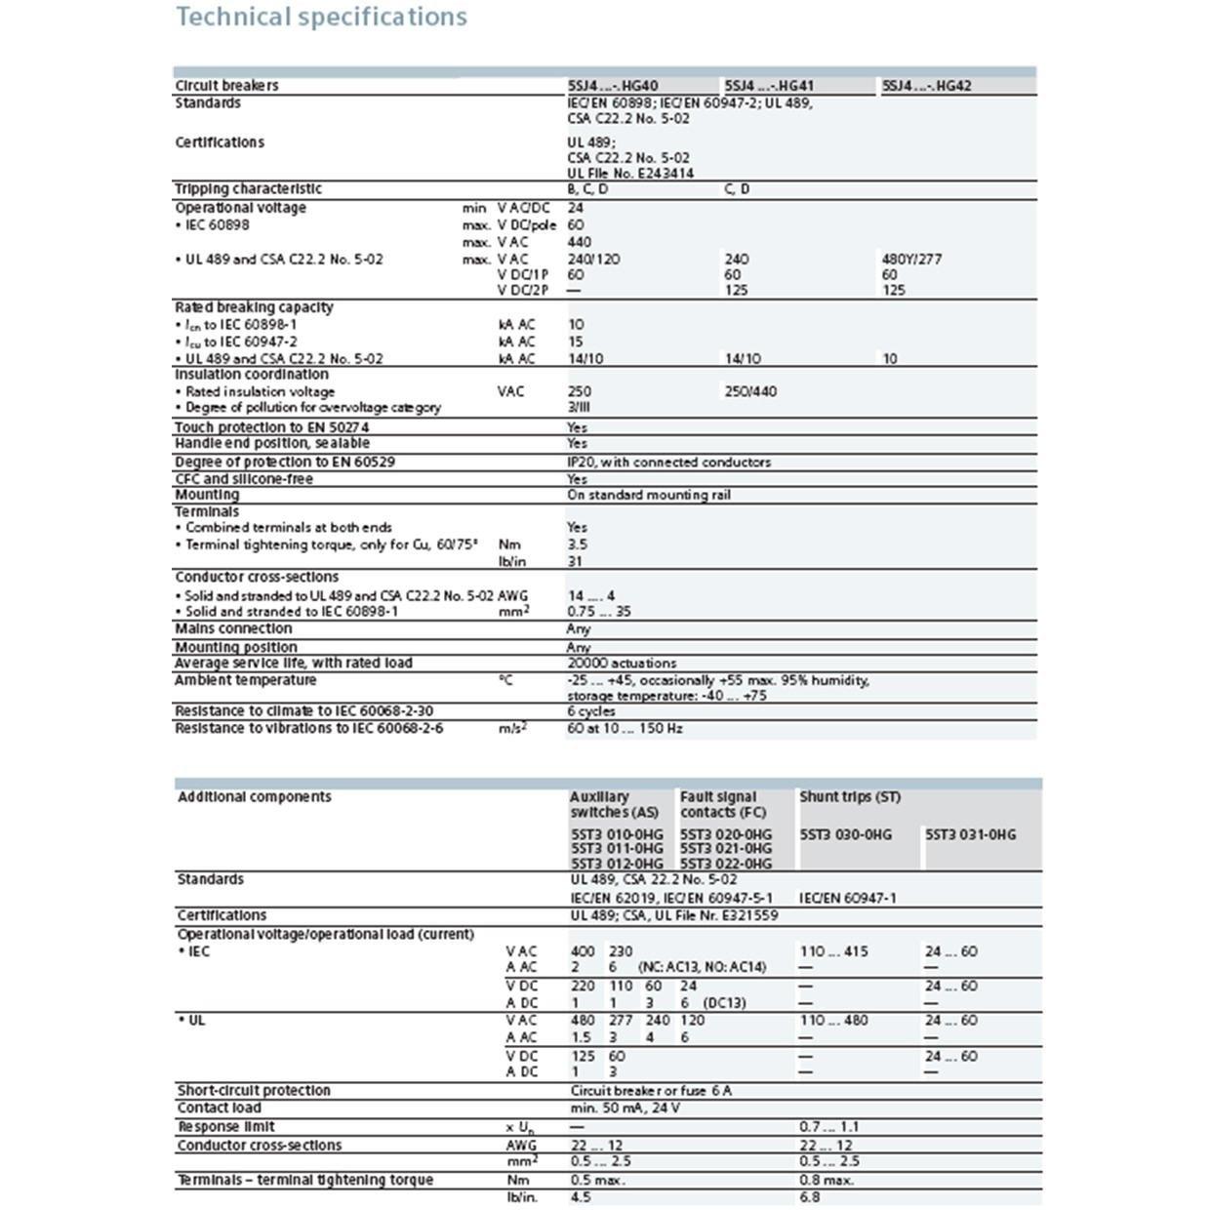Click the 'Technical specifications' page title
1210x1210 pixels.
point(321,17)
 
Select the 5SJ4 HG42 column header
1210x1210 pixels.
point(926,86)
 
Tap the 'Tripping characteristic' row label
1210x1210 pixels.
point(248,189)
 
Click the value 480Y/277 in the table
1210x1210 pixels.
point(911,260)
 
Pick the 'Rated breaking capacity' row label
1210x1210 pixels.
point(254,307)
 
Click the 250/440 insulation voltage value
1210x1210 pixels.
point(750,391)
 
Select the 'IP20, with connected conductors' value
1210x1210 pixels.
point(668,463)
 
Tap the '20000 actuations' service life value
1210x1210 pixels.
point(622,664)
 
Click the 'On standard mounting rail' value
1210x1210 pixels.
point(648,496)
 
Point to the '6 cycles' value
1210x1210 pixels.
point(591,711)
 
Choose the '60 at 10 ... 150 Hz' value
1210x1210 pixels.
point(625,729)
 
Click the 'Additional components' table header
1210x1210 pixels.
point(254,797)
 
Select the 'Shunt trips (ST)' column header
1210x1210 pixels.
point(850,797)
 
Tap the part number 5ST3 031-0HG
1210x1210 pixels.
point(970,834)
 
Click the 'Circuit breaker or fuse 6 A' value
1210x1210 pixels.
point(651,1091)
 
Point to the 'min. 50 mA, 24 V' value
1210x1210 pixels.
point(625,1109)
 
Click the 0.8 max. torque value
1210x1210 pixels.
point(827,1181)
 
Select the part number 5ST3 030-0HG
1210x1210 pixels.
point(845,834)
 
